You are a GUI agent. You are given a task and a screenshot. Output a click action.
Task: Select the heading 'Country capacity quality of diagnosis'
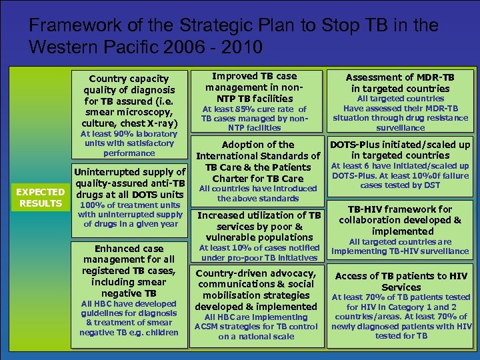[x=129, y=101]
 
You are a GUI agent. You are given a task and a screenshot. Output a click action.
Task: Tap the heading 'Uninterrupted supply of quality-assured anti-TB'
[x=129, y=183]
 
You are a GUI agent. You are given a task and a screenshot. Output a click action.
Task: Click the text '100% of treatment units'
[x=129, y=214]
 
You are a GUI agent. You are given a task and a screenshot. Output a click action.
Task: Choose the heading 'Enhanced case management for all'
[x=129, y=271]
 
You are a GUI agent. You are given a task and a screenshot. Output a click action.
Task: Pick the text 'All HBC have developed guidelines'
[x=129, y=318]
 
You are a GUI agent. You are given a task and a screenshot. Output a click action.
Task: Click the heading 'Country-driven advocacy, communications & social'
[x=257, y=290]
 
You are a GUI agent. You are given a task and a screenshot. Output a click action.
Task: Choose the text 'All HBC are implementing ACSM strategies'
[x=257, y=327]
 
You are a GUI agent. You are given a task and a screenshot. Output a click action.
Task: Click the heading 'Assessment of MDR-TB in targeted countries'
[x=400, y=82]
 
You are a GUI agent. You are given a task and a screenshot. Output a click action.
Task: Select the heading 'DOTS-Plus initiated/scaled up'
[x=400, y=150]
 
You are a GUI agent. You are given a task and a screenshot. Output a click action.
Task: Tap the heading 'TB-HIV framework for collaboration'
[x=400, y=220]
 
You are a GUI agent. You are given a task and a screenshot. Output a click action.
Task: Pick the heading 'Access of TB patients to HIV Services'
[x=400, y=281]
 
